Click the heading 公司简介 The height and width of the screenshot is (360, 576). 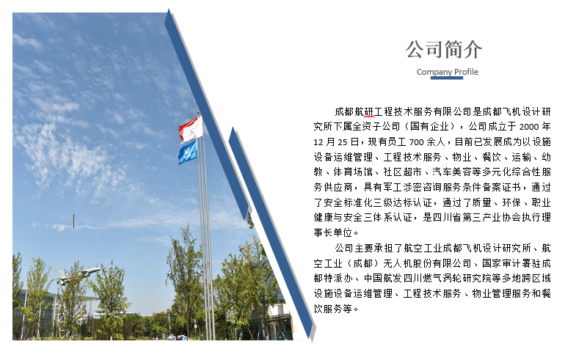444,50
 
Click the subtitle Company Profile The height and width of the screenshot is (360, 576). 448,72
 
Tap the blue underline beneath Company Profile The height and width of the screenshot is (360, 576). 447,78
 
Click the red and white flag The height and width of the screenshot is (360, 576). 191,129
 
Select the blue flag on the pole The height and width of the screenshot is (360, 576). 188,152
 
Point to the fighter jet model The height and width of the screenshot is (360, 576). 77,275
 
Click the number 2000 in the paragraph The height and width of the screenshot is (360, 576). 529,127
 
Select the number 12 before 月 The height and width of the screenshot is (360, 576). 318,142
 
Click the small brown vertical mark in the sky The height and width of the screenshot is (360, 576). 74,221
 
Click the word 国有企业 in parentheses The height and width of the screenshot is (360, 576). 429,127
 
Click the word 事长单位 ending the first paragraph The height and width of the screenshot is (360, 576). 333,232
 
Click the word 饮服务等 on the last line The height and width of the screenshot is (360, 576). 333,309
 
